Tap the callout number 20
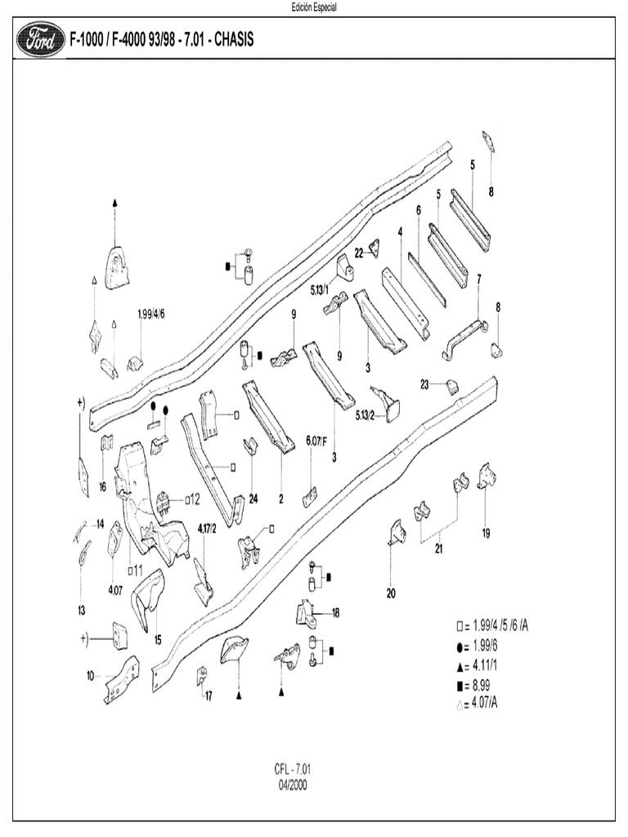point(391,593)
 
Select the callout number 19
point(486,534)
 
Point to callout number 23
point(425,384)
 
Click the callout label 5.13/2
point(365,415)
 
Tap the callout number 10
point(89,675)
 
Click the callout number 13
point(81,610)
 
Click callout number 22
point(359,253)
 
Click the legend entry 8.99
point(485,684)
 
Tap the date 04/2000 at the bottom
point(293,782)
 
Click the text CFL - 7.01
point(293,769)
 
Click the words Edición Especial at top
point(314,7)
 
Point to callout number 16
point(102,486)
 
